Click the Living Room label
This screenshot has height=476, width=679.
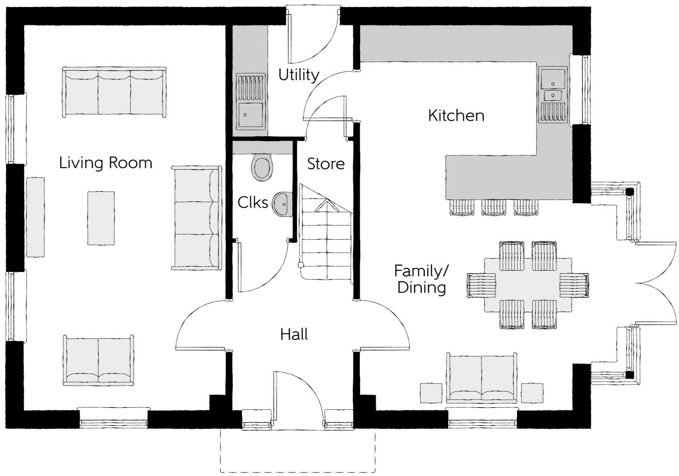(106, 163)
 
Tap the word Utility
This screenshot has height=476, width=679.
(299, 75)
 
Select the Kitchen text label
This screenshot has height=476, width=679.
(456, 116)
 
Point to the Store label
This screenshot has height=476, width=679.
(326, 164)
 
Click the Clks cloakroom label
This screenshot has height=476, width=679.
(253, 203)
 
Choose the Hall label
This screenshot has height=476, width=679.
(294, 334)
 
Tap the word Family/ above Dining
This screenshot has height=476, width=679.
(421, 271)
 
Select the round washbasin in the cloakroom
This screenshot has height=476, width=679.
(283, 203)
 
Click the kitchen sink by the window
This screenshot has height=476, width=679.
(553, 95)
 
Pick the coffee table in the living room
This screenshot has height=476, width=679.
(101, 218)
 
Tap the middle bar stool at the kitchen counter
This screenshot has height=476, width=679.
(493, 207)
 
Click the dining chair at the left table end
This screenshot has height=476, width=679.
(481, 285)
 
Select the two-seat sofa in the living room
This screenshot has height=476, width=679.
(99, 360)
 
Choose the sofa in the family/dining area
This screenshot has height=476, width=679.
(482, 378)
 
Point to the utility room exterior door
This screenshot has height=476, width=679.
(313, 35)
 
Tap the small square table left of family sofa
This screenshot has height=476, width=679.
(431, 393)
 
